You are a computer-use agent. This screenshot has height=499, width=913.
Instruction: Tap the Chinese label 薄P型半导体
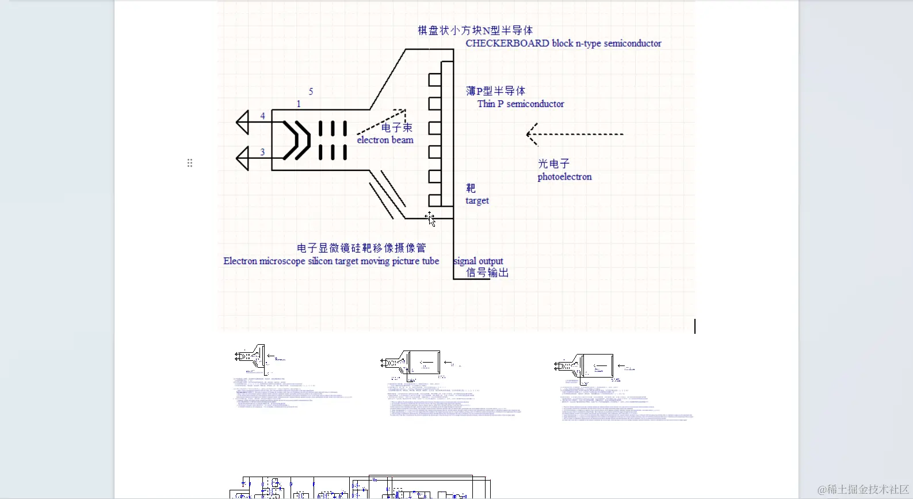[495, 91]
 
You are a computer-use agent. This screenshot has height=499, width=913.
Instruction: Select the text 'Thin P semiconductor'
[521, 104]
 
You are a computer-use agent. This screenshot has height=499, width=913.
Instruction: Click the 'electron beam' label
[385, 140]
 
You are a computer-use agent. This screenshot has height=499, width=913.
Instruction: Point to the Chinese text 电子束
[397, 128]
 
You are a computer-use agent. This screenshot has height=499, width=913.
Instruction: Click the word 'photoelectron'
[564, 177]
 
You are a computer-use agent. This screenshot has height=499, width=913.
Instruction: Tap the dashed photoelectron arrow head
[532, 134]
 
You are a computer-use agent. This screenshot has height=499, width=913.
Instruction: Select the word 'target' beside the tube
[477, 200]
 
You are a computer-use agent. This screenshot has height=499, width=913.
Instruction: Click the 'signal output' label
[478, 261]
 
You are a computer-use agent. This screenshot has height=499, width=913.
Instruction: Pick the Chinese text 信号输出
[487, 273]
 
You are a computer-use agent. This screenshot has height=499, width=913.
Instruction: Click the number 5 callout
[311, 92]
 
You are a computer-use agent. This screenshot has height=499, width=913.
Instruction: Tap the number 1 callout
[299, 104]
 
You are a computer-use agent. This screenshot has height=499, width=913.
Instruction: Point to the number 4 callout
[262, 116]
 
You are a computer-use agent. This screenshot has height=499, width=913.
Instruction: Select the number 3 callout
[262, 153]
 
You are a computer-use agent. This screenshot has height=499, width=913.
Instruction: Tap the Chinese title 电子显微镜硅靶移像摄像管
[361, 248]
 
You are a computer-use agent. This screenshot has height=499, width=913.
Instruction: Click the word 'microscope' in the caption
[282, 261]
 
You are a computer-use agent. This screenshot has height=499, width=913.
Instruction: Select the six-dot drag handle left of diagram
[190, 163]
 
